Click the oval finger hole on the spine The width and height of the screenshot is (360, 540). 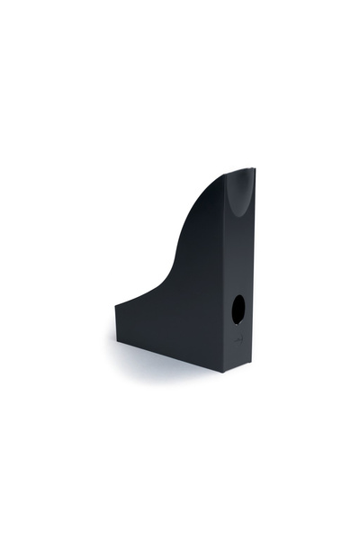pos(238,310)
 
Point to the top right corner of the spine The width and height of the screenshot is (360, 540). pos(255,168)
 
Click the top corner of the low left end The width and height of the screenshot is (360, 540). pos(115,305)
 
